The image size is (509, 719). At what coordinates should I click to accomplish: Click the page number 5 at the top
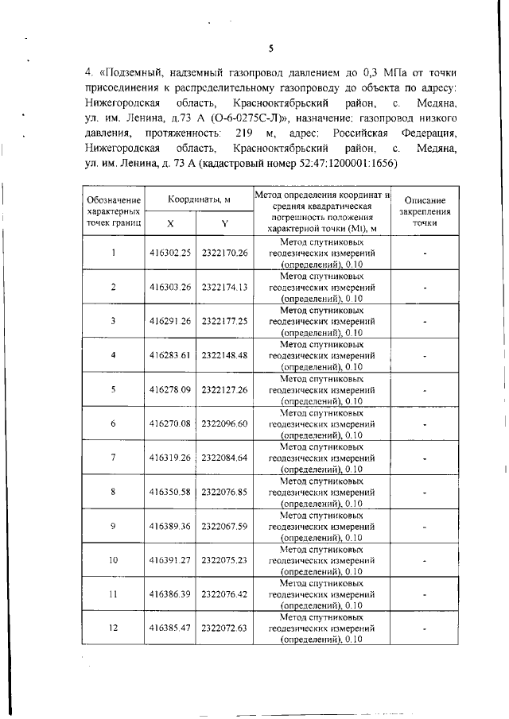point(271,48)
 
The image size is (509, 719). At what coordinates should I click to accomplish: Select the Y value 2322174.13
point(225,287)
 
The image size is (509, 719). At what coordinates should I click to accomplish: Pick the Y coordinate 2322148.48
point(225,355)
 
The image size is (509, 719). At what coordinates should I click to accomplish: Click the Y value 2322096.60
point(225,423)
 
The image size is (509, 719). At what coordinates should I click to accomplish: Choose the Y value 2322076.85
point(225,492)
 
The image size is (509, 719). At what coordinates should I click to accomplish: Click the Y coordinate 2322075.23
point(225,560)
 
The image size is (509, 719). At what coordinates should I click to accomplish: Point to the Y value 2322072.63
point(225,628)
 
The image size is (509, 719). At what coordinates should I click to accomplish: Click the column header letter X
point(170,224)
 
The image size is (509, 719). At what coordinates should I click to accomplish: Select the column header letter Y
point(225,224)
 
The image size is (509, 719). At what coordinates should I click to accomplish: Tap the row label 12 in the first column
point(114,628)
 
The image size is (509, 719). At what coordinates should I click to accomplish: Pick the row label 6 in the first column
point(114,423)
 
